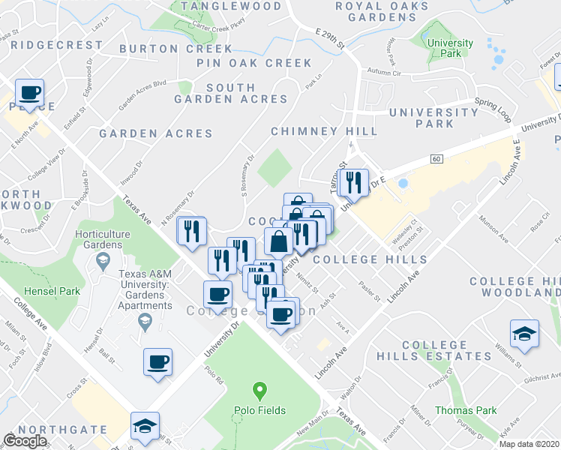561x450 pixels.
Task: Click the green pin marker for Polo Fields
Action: point(259,390)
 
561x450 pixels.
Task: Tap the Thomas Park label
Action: point(466,410)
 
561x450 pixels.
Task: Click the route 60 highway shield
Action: point(436,159)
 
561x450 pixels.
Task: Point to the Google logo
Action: point(25,440)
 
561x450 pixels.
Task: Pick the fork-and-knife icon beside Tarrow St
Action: point(351,182)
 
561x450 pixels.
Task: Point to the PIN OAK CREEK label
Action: point(253,63)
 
